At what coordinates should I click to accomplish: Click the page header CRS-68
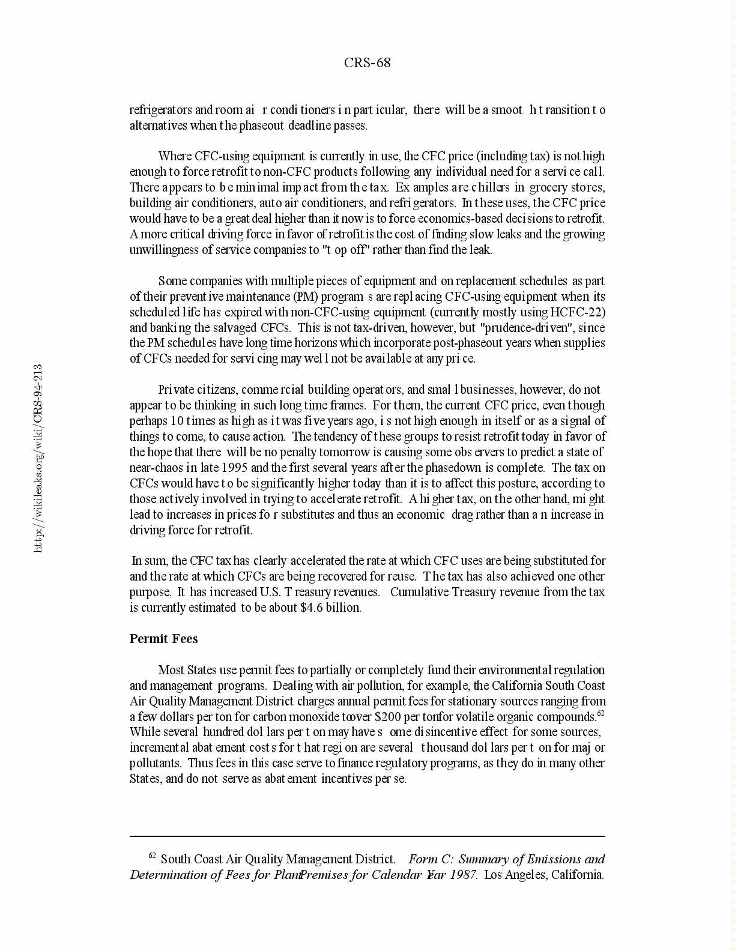pos(367,63)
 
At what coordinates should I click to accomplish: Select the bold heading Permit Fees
pos(163,639)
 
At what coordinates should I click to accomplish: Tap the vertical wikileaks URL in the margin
pos(38,457)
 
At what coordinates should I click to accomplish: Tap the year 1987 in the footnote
pos(462,875)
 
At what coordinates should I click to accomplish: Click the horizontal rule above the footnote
pos(367,836)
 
